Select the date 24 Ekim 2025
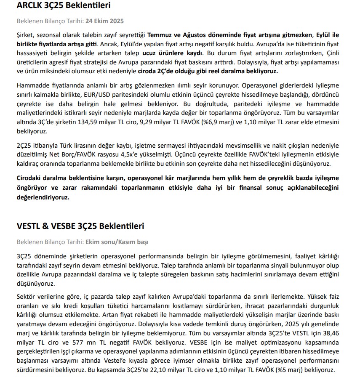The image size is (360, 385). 105,21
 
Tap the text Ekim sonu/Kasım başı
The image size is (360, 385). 117,242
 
